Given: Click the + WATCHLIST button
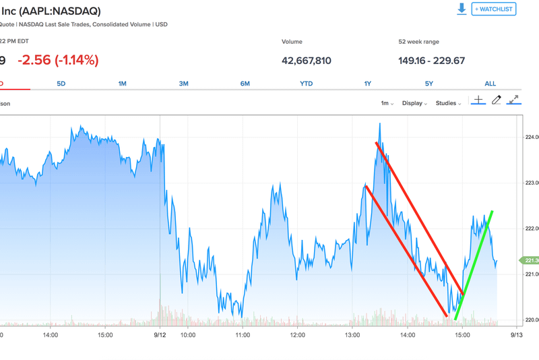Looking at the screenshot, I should [494, 9].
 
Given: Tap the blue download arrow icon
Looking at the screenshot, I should [462, 9].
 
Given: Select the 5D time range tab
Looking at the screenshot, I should [61, 84].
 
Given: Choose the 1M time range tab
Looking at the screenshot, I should [122, 84].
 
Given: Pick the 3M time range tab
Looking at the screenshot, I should [183, 84].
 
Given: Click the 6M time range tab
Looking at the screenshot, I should [245, 84].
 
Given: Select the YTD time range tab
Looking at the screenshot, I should [306, 84].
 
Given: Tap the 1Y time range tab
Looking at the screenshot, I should [368, 84].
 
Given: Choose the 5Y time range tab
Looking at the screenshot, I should [429, 84].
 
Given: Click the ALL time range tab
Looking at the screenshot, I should [490, 84].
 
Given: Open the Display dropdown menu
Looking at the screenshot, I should [414, 103].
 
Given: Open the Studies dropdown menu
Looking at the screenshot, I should [448, 103].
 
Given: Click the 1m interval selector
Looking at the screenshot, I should [387, 103].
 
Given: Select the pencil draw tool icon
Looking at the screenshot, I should [497, 100].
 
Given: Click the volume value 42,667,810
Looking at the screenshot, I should [307, 61].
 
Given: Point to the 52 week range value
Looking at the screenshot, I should [432, 61].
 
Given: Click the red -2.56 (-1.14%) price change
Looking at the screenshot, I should [58, 60].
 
